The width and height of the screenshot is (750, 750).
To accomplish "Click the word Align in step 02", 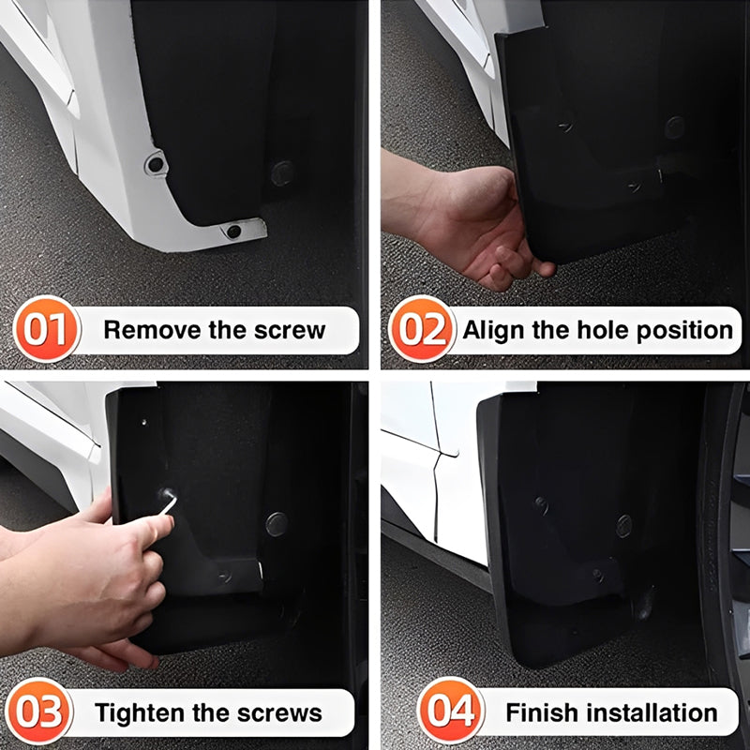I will [494, 330].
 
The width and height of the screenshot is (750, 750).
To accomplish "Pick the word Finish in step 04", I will [539, 712].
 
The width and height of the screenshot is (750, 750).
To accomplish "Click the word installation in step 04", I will [649, 712].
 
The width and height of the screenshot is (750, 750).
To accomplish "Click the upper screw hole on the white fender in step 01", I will [155, 164].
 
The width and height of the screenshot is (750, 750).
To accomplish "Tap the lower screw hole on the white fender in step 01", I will [232, 231].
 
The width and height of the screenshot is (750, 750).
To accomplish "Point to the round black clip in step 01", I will [281, 172].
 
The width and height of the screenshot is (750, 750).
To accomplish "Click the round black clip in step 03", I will [276, 524].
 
